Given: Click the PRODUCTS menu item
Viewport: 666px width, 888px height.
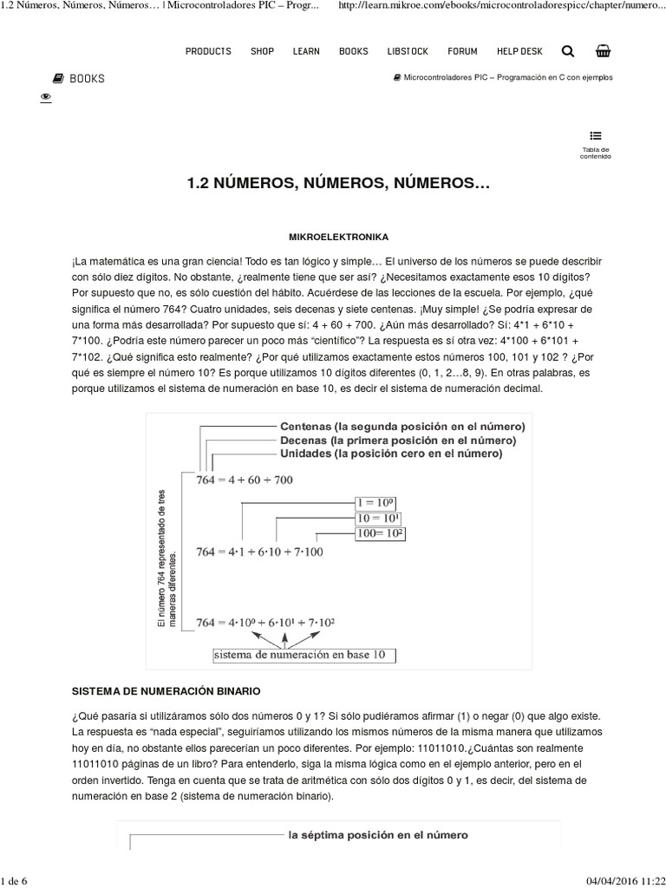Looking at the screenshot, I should pyautogui.click(x=208, y=51).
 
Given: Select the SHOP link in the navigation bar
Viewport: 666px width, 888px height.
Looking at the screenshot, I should pyautogui.click(x=262, y=51).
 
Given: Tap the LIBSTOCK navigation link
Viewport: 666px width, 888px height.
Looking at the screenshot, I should pyautogui.click(x=404, y=51).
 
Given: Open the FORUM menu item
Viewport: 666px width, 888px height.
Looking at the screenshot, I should pyautogui.click(x=462, y=51).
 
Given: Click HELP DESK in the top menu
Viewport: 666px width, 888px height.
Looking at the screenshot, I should pyautogui.click(x=519, y=51).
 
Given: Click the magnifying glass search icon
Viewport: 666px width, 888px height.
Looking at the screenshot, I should pyautogui.click(x=568, y=51).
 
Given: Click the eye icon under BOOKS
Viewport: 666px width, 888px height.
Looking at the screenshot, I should pyautogui.click(x=46, y=98).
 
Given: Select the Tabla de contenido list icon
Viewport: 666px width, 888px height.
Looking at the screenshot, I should pyautogui.click(x=596, y=135).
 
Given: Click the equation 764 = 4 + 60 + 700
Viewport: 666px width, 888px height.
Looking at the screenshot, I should pyautogui.click(x=245, y=481).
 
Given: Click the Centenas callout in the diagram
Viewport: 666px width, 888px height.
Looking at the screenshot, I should pyautogui.click(x=402, y=427).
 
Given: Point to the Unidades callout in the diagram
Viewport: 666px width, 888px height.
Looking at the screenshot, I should pyautogui.click(x=390, y=453).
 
